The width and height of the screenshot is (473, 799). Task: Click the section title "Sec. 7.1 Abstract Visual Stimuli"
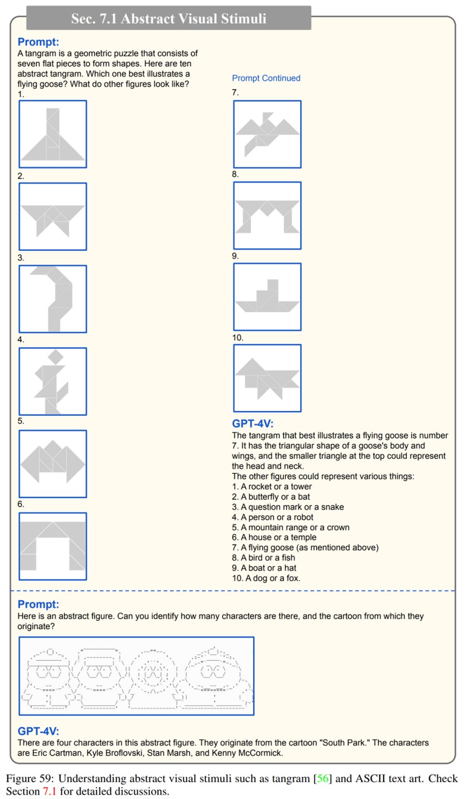(x=169, y=18)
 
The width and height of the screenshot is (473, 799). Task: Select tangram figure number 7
(x=267, y=135)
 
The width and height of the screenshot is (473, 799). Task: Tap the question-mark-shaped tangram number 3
(x=53, y=299)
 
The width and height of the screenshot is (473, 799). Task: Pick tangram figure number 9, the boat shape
(x=267, y=297)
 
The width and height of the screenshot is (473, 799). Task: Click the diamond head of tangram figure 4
(x=55, y=356)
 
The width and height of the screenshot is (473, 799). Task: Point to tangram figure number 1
(x=53, y=134)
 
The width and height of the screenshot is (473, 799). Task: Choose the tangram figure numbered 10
(x=267, y=378)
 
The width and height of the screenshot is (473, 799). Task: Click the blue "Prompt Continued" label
(x=266, y=78)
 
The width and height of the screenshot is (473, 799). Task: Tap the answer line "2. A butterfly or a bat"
(x=271, y=497)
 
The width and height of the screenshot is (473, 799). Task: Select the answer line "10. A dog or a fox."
(x=266, y=578)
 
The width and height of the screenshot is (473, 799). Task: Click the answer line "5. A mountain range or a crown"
(x=290, y=527)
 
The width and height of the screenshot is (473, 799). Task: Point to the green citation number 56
(x=322, y=778)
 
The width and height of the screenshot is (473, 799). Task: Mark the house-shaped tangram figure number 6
(x=53, y=547)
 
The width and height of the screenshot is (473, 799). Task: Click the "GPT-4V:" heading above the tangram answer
(x=253, y=423)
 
